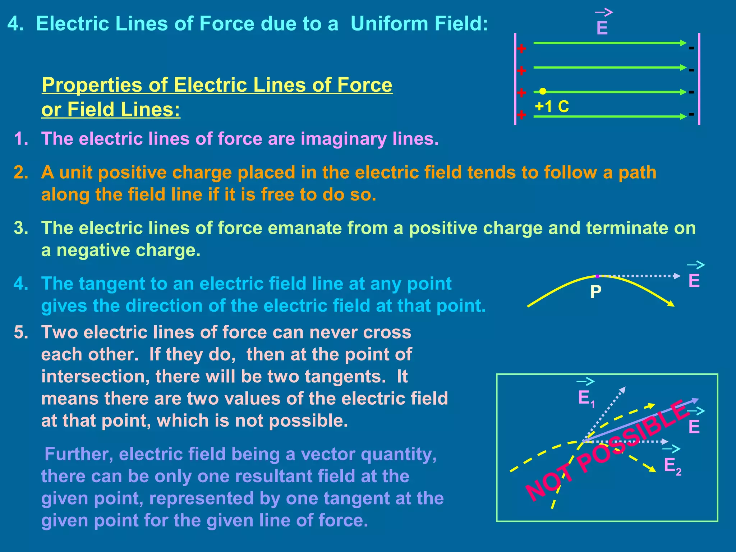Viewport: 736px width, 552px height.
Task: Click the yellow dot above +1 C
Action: [543, 91]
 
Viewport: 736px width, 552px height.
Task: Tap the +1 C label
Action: [552, 106]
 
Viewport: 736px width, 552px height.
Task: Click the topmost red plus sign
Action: [521, 48]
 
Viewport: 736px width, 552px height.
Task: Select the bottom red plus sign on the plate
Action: [521, 115]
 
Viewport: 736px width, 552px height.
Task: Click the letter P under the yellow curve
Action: [595, 292]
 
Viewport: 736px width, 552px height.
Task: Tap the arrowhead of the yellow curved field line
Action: [671, 304]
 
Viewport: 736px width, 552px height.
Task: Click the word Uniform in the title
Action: [389, 24]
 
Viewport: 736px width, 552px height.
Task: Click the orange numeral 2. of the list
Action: [21, 172]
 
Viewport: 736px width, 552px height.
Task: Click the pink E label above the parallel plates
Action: [602, 28]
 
